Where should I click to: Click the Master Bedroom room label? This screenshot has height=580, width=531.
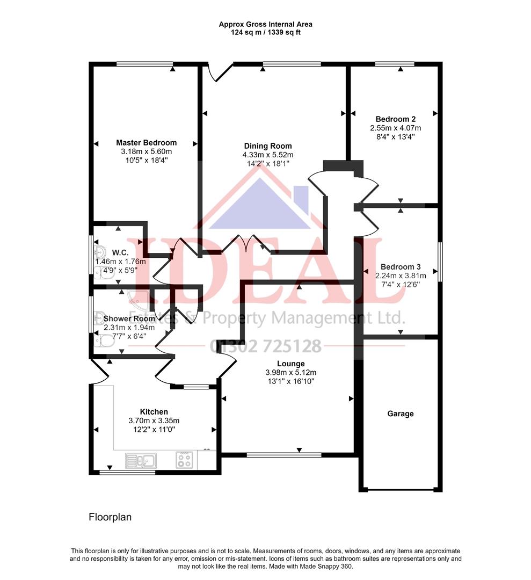[146, 143]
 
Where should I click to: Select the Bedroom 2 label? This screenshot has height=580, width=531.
[395, 119]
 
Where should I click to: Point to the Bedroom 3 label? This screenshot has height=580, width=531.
[400, 267]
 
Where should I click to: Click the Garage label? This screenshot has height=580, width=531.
[401, 414]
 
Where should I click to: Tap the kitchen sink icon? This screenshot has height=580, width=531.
[141, 460]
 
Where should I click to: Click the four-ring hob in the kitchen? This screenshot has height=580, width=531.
[184, 460]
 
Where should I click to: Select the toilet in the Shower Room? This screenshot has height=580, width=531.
[104, 340]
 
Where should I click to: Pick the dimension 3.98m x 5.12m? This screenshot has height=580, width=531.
[290, 373]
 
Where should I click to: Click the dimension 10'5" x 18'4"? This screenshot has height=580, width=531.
[146, 160]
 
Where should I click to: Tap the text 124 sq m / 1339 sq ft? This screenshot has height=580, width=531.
[265, 32]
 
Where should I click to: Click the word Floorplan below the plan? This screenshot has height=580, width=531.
[110, 517]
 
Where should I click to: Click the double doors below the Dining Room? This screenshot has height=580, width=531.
[245, 245]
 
